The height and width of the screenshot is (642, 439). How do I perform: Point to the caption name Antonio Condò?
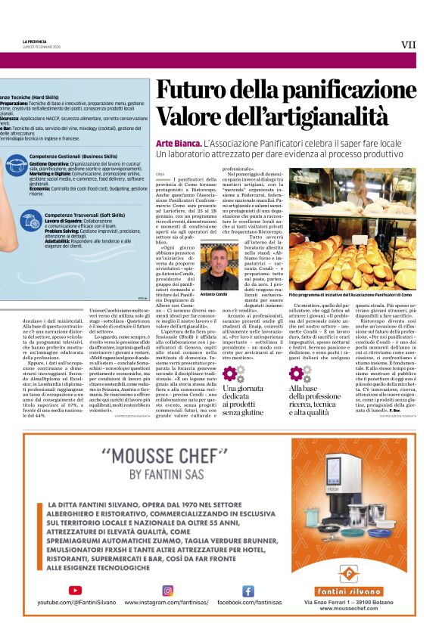pyautogui.click(x=214, y=293)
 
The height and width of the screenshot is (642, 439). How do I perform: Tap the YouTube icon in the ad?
pyautogui.click(x=75, y=591)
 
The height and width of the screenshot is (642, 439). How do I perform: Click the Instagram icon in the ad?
pyautogui.click(x=168, y=591)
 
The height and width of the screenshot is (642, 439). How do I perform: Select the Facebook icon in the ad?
pyautogui.click(x=248, y=591)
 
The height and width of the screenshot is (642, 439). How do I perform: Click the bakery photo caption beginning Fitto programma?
pyautogui.click(x=351, y=293)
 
